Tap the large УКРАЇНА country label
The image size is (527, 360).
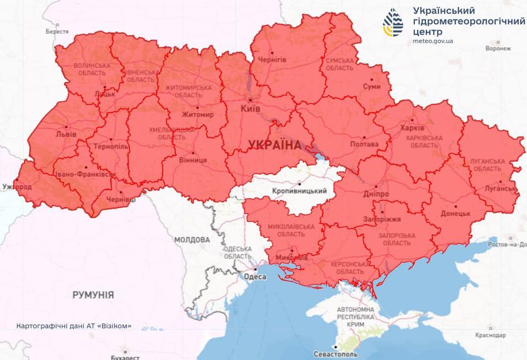pyautogui.click(x=274, y=145)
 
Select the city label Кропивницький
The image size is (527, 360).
pyautogui.click(x=300, y=191)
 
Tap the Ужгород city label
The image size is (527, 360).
pyautogui.click(x=17, y=187)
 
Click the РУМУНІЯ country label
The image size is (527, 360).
pyautogui.click(x=93, y=294)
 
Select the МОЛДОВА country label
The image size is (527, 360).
pyautogui.click(x=191, y=239)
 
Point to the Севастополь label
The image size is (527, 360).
pyautogui.click(x=336, y=355)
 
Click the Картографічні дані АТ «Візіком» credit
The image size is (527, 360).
pyautogui.click(x=74, y=327)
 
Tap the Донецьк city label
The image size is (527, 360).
pyautogui.click(x=456, y=214)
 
